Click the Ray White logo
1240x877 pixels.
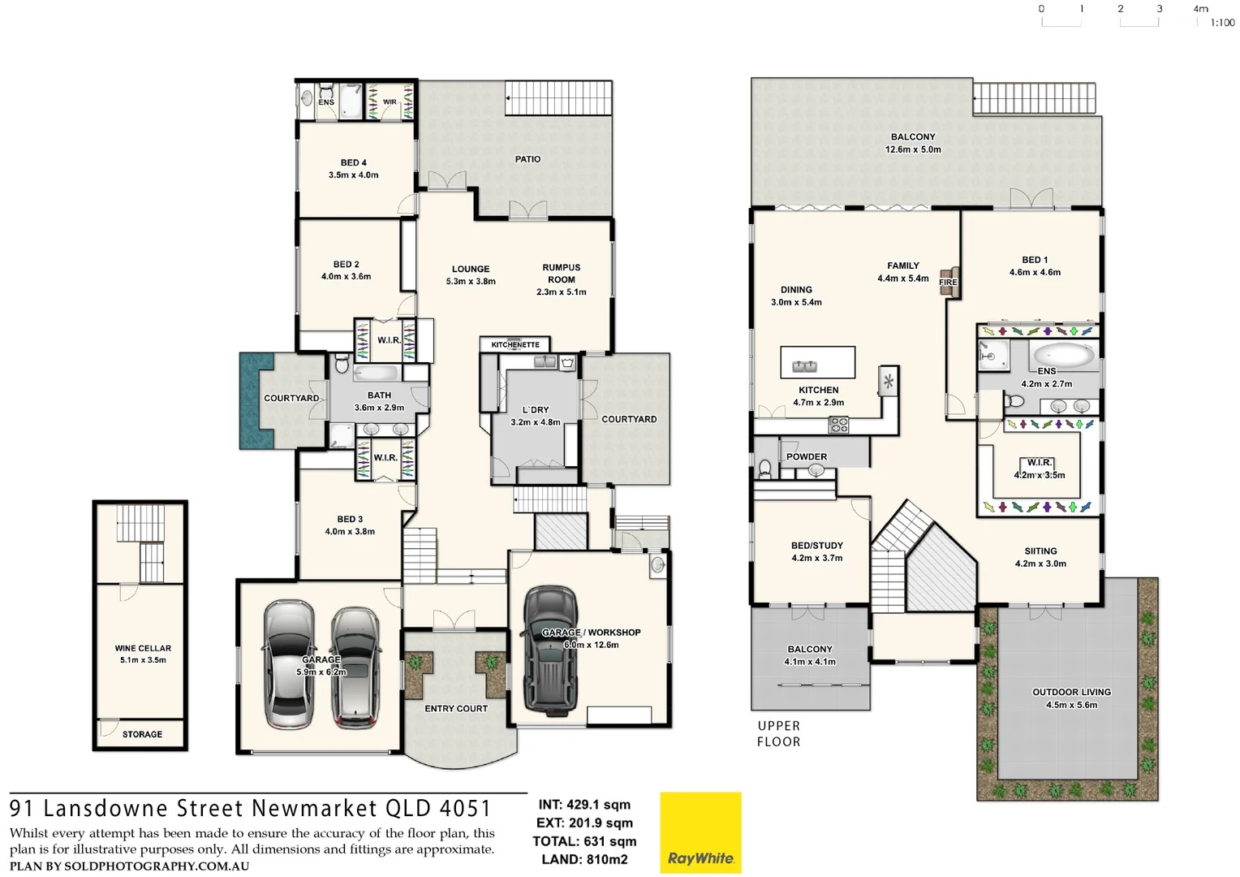tap(700, 832)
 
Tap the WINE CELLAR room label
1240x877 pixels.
tap(143, 648)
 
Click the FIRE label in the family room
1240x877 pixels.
tap(948, 283)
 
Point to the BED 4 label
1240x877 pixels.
tap(353, 162)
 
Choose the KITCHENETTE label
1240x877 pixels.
tap(515, 344)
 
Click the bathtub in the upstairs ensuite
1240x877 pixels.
tap(1062, 355)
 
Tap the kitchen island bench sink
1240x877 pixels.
tap(806, 366)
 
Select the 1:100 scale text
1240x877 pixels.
tap(1222, 23)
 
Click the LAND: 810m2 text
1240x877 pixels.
tap(584, 859)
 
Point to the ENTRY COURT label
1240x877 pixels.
tap(456, 708)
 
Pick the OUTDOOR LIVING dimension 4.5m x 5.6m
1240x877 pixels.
tap(1071, 705)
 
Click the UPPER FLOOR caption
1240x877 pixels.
tap(779, 733)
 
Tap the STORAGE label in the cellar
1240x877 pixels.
tap(142, 734)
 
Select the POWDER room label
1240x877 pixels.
tap(807, 456)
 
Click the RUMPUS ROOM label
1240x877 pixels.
tap(562, 273)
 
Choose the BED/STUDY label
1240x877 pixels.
tap(817, 546)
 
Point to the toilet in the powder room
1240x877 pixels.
tap(764, 469)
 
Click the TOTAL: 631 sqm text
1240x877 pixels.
tap(584, 841)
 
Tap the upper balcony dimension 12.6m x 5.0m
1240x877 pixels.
tap(913, 149)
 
